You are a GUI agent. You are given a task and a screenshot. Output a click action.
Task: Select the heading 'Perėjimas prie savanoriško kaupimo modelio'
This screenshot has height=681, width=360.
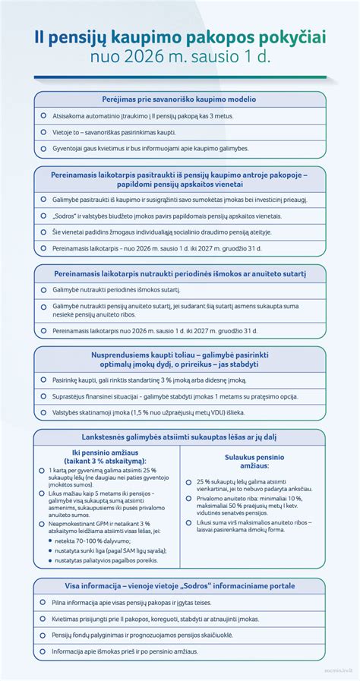click(179, 99)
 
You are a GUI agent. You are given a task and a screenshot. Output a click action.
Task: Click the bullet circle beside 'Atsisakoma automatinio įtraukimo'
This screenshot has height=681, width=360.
click(43, 116)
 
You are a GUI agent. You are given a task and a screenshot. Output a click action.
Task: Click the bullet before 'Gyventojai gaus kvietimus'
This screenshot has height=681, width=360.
click(43, 148)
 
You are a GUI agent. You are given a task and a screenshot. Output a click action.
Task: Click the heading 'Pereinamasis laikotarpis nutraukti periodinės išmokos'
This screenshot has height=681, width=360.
click(179, 273)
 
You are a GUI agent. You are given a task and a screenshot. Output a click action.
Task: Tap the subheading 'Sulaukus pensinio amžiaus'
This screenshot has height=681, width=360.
click(254, 462)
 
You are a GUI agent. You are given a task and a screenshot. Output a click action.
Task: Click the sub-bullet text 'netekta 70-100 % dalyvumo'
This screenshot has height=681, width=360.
click(101, 542)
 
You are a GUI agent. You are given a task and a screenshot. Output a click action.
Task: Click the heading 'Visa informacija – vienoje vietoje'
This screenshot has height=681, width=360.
click(179, 585)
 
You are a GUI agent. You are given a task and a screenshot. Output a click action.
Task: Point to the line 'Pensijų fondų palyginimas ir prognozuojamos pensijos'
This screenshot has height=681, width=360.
click(142, 634)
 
